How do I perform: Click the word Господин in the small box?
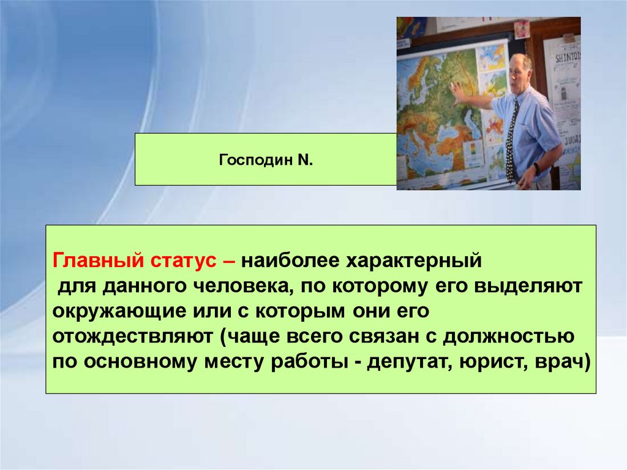click(x=256, y=161)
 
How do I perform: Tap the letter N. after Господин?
click(x=305, y=160)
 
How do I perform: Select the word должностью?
click(x=508, y=336)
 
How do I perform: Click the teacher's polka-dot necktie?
click(x=511, y=140)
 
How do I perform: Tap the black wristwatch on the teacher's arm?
click(x=536, y=169)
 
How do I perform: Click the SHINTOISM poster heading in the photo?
click(x=566, y=58)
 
